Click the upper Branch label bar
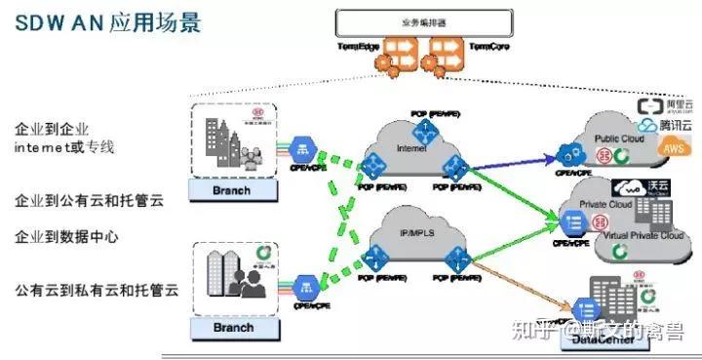[x=232, y=189]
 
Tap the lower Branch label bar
[x=232, y=328]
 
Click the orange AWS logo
[x=673, y=147]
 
